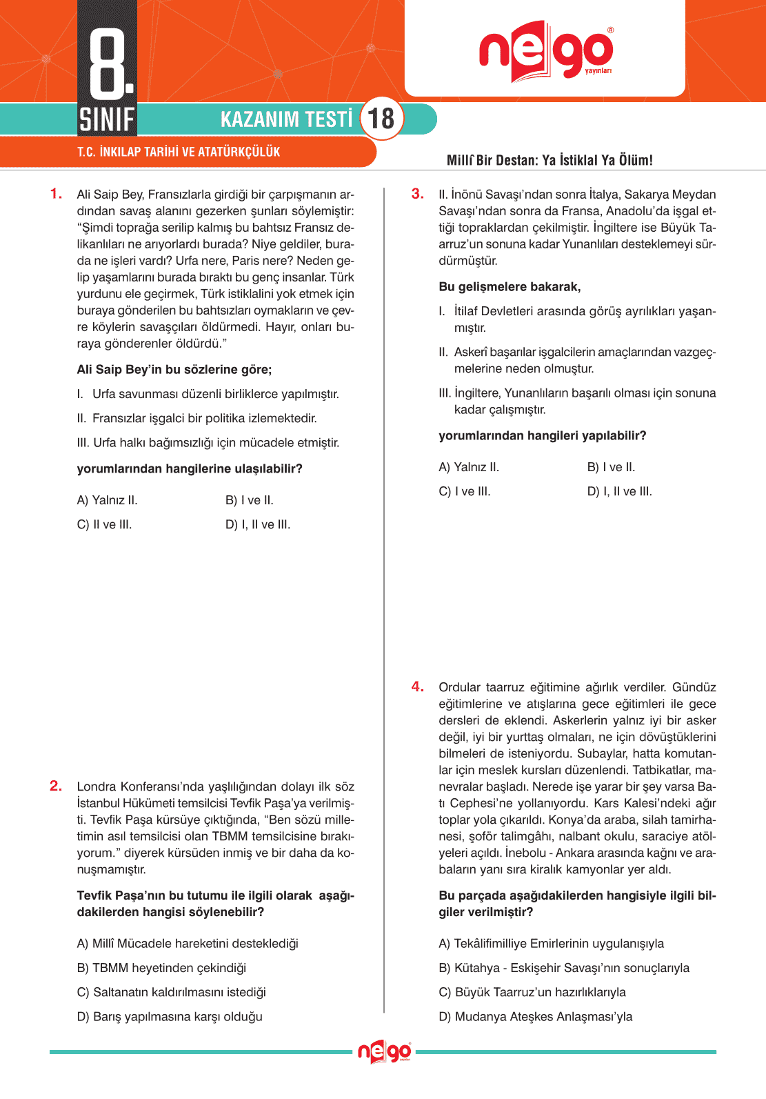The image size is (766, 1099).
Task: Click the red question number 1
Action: coord(56,194)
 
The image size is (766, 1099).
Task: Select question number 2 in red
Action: coord(56,786)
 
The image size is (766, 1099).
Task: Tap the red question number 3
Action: coord(417,194)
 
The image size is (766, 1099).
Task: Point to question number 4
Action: coord(417,686)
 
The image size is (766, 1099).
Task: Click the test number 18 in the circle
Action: coord(381,119)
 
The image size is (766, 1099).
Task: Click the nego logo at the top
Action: coord(545,52)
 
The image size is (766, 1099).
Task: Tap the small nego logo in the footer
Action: coord(384,1052)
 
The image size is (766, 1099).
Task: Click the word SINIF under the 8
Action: coord(107,119)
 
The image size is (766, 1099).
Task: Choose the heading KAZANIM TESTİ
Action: coord(286,119)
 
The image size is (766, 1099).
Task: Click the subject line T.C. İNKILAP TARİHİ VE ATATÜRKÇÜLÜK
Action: coord(179,152)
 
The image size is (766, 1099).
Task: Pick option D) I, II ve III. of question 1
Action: coord(258,524)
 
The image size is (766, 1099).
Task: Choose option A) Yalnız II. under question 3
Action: coord(469,467)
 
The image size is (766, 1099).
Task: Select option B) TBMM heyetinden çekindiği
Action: coord(161,968)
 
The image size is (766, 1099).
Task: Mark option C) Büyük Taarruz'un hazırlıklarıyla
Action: coord(532,992)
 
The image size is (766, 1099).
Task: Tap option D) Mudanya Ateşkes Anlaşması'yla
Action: coord(535,1016)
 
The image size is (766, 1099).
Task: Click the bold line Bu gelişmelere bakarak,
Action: coord(510,287)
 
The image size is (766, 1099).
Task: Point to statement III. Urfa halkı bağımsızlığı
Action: coord(208,442)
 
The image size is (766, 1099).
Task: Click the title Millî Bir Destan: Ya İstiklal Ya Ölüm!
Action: coord(550,160)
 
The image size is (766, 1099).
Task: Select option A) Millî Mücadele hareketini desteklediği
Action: coord(188,943)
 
